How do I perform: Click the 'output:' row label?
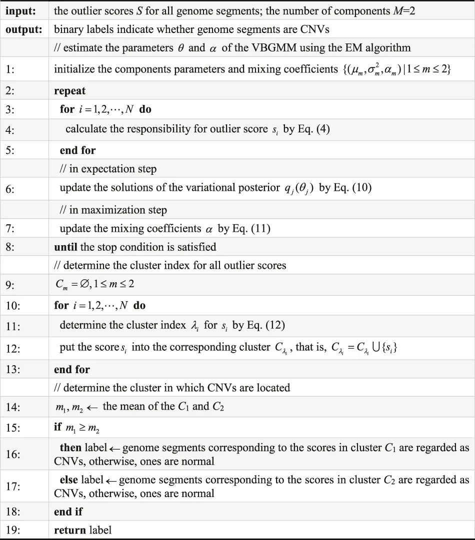pos(23,29)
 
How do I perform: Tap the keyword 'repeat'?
pos(69,91)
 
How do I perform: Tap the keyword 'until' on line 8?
pos(66,247)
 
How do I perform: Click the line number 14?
pos(13,407)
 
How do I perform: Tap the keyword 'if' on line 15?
pos(57,427)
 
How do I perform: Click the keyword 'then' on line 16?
pos(70,448)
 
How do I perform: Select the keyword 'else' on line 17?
pos(68,480)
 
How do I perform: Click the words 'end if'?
pos(68,512)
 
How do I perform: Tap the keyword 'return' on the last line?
pos(70,530)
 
